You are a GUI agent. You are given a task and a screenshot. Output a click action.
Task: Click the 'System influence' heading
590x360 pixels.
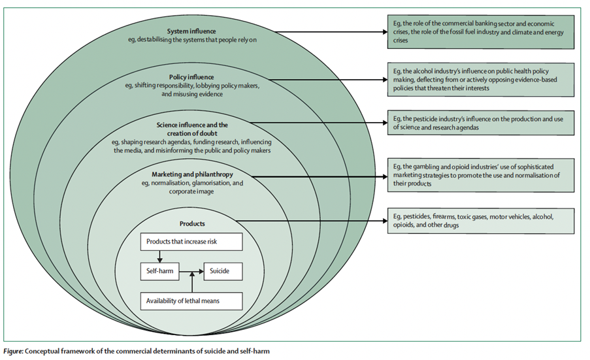coord(191,31)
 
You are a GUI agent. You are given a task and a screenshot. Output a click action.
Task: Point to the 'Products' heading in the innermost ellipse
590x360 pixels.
coord(192,223)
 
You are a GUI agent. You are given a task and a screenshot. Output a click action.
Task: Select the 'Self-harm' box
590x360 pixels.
coord(159,269)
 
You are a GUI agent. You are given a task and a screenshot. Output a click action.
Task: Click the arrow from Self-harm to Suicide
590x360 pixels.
coord(191,269)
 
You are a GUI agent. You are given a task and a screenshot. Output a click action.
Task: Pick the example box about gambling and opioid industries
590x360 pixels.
coord(479,174)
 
